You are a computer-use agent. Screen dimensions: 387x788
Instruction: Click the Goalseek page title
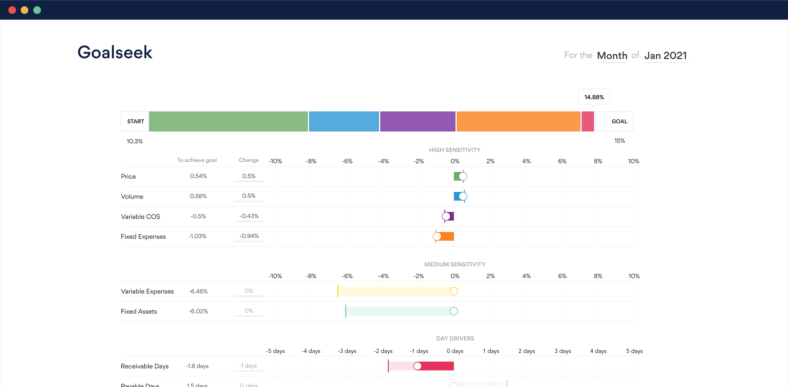point(115,52)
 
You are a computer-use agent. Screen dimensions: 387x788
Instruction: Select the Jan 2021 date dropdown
point(666,56)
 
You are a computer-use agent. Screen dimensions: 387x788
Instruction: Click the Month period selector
point(612,56)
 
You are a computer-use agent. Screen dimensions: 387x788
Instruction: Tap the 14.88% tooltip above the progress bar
point(594,97)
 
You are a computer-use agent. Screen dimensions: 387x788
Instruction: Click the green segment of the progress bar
point(228,121)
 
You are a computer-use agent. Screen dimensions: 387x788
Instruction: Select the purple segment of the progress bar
point(418,121)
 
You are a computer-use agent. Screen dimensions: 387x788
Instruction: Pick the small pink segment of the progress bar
point(588,121)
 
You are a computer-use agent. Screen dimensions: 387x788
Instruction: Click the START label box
point(135,121)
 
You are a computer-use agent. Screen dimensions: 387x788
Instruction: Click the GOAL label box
point(619,121)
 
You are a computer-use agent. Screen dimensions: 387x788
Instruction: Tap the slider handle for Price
point(463,176)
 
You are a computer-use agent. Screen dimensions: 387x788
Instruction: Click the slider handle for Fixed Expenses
point(437,236)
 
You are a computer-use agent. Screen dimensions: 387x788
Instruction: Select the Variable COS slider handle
point(446,216)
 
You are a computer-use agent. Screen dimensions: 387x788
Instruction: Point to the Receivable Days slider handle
point(417,366)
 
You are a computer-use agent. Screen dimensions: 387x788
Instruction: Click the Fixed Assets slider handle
point(454,311)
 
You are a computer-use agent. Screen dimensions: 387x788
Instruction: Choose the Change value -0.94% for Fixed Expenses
point(249,236)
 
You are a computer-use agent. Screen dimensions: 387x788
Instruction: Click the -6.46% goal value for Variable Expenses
point(198,291)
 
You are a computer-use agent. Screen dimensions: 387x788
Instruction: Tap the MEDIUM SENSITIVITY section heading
point(454,264)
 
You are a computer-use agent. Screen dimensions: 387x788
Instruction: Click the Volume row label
point(132,197)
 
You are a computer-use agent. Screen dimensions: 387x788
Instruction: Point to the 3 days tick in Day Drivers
point(562,351)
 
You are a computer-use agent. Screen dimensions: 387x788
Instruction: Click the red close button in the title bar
point(12,10)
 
